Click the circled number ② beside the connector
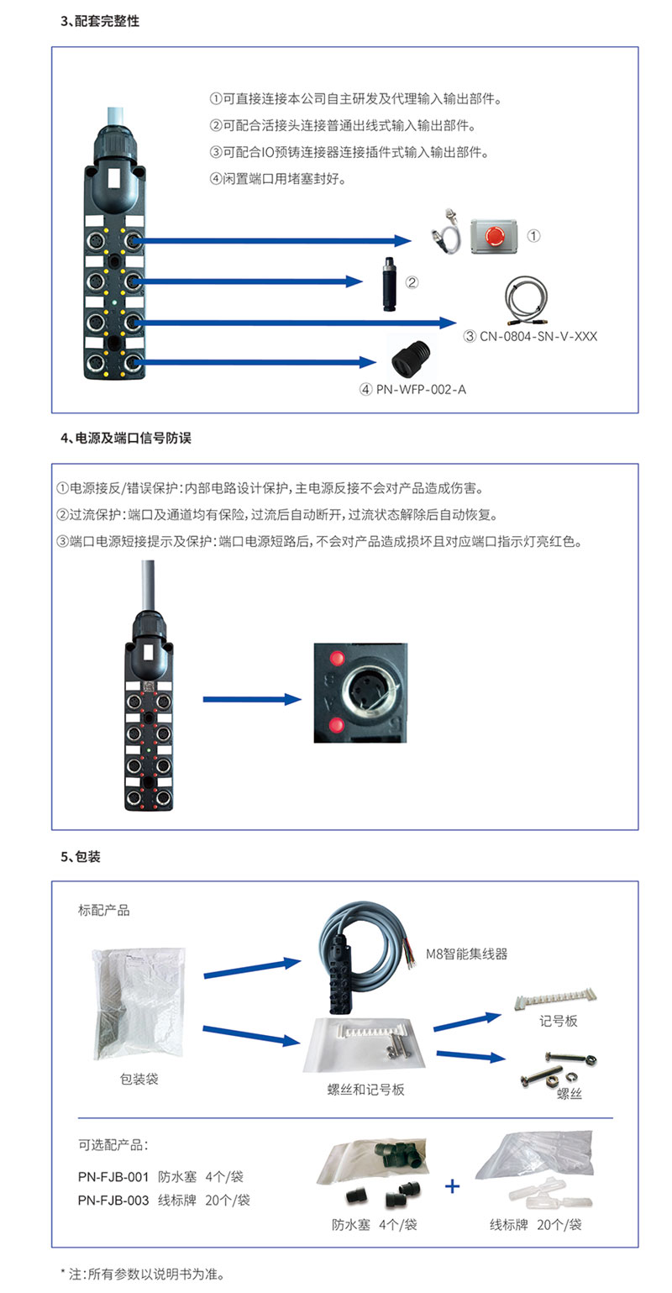click(412, 283)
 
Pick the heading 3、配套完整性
click(100, 22)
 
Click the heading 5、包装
click(81, 856)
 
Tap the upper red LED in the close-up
click(338, 657)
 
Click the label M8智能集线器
click(474, 954)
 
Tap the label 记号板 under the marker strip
click(558, 1022)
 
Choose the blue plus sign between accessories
click(452, 1186)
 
